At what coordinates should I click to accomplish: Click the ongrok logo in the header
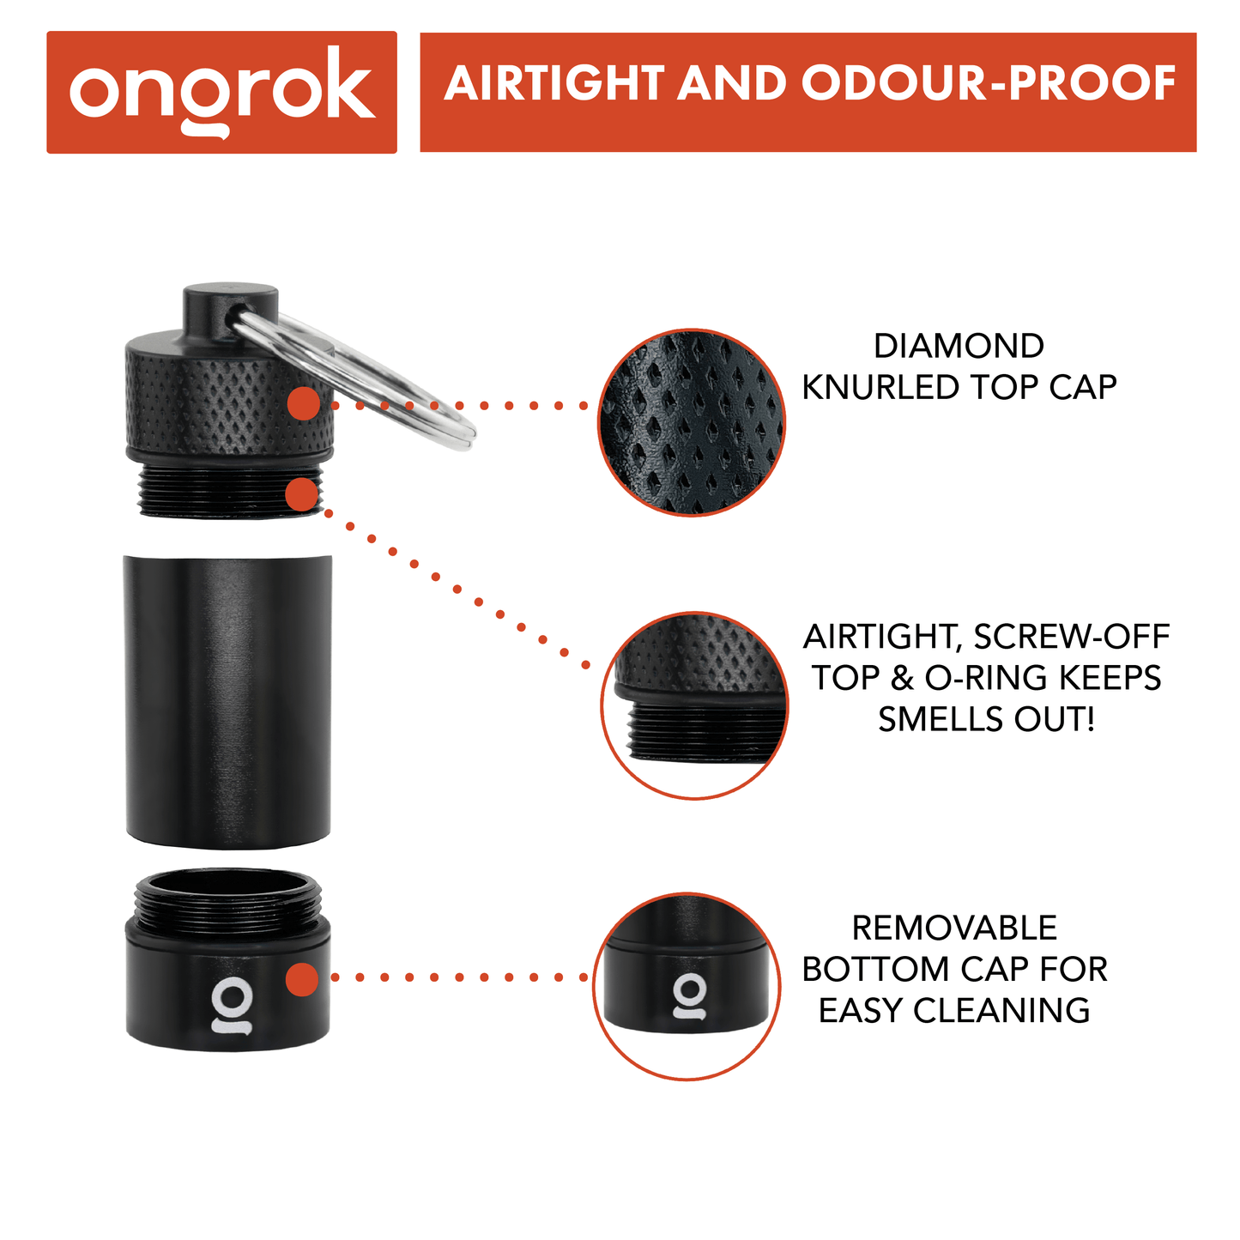(x=222, y=92)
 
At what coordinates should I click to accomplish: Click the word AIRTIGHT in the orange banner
(x=554, y=83)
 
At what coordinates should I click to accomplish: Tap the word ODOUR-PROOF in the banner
(x=989, y=83)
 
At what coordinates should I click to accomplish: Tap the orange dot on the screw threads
(x=302, y=494)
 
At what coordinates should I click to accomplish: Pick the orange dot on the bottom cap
(x=302, y=979)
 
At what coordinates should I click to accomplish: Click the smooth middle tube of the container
(x=227, y=701)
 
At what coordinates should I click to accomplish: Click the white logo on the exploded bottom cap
(x=232, y=1006)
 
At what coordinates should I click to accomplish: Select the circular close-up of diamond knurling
(x=692, y=422)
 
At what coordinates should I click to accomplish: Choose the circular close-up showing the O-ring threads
(x=694, y=705)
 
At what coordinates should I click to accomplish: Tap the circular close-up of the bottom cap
(x=687, y=987)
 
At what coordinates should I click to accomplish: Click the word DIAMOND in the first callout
(x=959, y=346)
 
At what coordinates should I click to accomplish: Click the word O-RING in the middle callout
(x=988, y=678)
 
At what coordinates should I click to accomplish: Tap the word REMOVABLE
(x=954, y=928)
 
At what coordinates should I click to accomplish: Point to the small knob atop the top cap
(x=230, y=310)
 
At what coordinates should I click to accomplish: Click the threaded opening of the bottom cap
(x=227, y=901)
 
